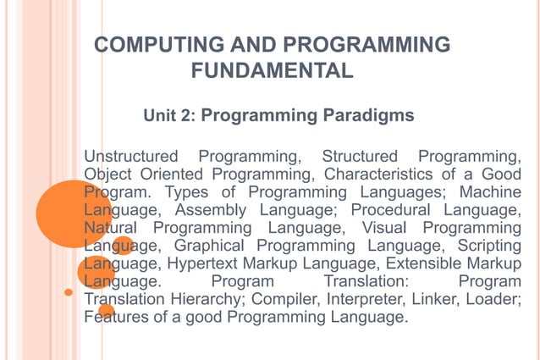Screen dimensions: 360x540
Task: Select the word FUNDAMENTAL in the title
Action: point(272,71)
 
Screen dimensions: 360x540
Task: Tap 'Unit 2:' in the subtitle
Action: point(169,115)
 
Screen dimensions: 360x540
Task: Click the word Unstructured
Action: point(131,157)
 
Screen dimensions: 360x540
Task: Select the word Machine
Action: point(490,192)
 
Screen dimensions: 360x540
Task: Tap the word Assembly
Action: point(209,210)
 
